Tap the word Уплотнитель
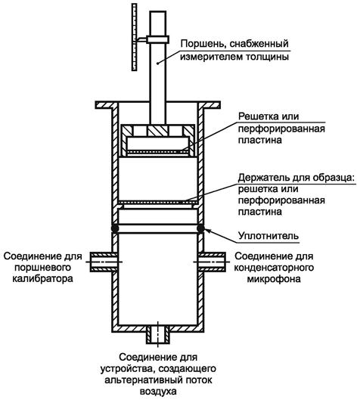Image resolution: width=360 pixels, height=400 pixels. (x=268, y=235)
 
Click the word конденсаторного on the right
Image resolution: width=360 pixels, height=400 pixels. (x=274, y=268)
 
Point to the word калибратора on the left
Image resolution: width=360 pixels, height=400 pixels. (x=43, y=278)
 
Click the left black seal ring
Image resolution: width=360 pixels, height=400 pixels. (x=115, y=228)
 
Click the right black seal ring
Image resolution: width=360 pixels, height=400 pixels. (x=200, y=228)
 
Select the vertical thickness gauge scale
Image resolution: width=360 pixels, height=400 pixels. (x=134, y=37)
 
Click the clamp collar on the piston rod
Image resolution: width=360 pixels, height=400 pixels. (x=157, y=39)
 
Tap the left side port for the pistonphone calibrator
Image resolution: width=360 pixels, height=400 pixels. (x=104, y=262)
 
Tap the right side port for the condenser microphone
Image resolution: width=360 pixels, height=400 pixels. (x=212, y=262)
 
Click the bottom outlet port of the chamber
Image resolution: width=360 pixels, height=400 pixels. (x=158, y=335)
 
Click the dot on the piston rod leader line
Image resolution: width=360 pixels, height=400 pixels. (x=158, y=64)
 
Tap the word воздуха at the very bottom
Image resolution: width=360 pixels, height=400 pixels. (x=158, y=392)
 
